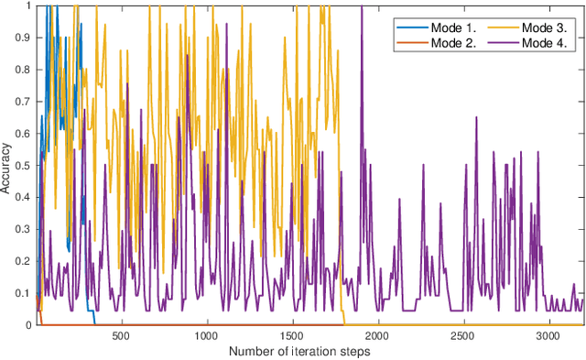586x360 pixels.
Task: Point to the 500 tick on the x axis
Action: click(x=122, y=336)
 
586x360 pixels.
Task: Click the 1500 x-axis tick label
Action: click(x=293, y=336)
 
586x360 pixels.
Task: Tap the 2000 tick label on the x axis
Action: click(x=379, y=336)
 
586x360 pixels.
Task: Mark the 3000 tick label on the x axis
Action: click(x=550, y=336)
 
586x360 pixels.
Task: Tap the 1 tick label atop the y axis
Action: click(x=29, y=5)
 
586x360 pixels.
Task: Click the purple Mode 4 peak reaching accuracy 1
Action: click(x=362, y=7)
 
